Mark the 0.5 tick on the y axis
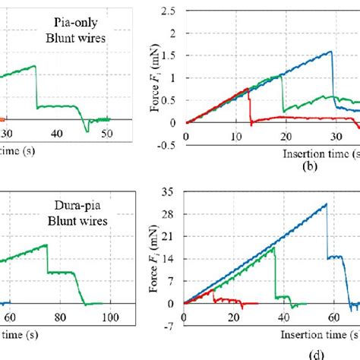172,100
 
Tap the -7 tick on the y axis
174,326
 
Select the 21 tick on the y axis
173,237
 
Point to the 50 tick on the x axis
108,134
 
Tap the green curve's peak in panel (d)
273,247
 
